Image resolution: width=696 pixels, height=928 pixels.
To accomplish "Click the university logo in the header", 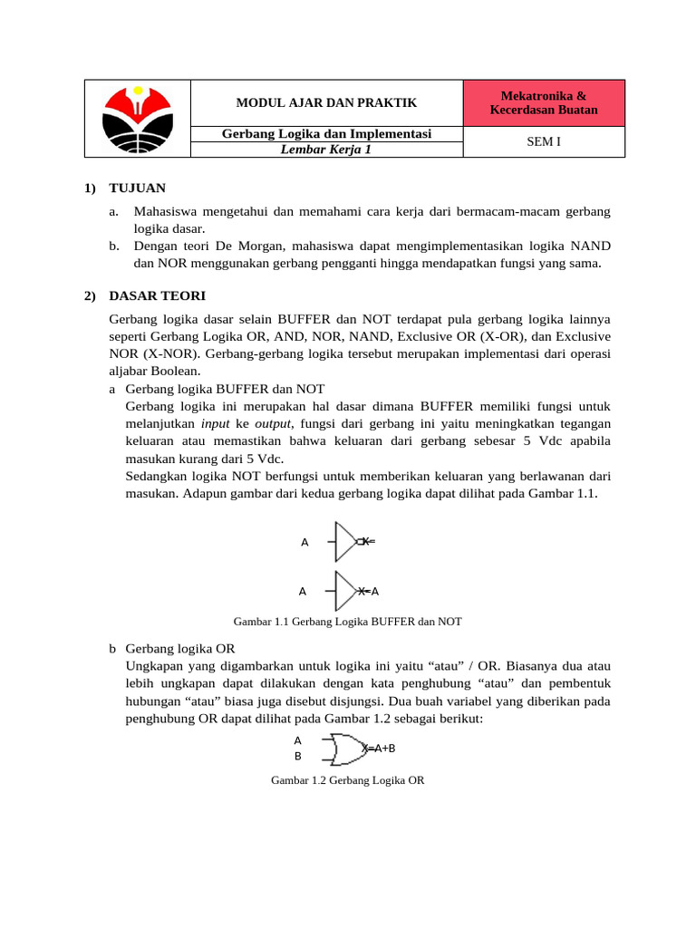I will pos(137,119).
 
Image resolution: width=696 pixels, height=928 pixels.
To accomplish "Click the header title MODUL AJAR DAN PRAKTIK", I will pos(327,103).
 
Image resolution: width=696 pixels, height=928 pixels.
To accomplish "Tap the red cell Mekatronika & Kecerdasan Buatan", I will pos(544,102).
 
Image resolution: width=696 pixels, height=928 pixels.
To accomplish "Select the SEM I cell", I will pos(544,141).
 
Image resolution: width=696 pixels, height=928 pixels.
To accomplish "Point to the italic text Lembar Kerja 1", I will pos(326,150).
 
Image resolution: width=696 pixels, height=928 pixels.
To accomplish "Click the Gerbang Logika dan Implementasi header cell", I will pos(326,134).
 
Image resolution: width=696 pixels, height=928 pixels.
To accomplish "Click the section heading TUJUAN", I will pos(137,188).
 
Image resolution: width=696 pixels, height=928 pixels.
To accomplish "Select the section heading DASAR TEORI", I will pos(157,295).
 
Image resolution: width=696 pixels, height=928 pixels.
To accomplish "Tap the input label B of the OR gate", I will pos(297,756).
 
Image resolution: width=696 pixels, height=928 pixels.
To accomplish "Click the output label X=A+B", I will pos(379,749).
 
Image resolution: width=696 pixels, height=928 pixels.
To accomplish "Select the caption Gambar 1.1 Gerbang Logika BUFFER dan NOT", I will pos(347,622).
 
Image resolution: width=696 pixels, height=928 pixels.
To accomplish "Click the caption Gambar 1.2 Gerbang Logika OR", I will pos(347,779).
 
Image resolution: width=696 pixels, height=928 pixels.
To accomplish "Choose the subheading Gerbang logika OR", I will pos(179,650).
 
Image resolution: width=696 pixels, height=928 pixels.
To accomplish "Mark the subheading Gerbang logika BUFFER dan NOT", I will pos(225,388).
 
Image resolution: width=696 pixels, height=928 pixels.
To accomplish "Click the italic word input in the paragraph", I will pos(215,423).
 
